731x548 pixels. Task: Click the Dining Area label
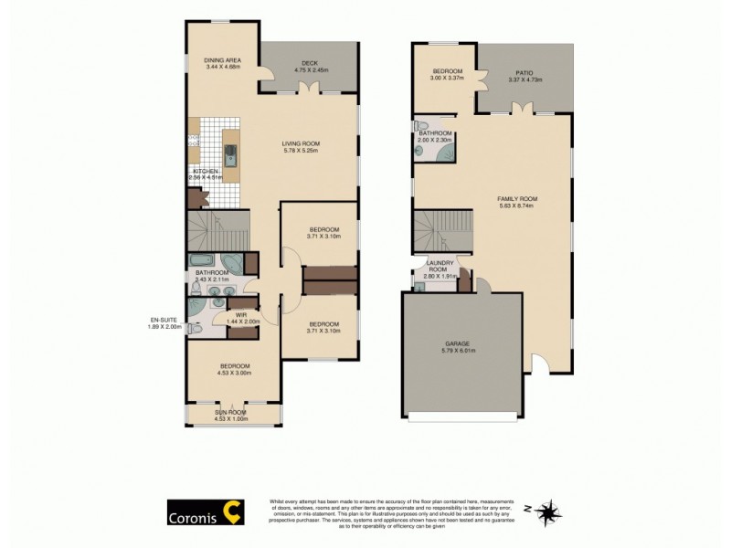point(222,59)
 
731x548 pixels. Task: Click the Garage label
point(460,343)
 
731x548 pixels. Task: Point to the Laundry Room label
point(441,266)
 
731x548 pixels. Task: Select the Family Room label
point(516,199)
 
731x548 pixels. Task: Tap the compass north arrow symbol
point(549,511)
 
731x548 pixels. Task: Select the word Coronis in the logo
point(192,514)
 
